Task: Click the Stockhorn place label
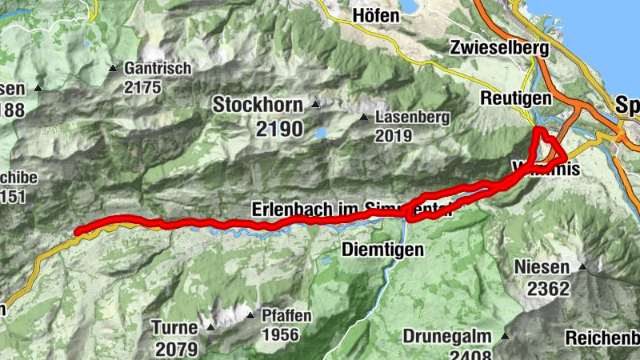tap(257, 105)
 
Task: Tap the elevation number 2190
tap(280, 128)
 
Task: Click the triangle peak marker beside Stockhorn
tap(315, 104)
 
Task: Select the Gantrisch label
tap(158, 69)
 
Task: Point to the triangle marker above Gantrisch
tap(114, 68)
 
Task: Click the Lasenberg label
tap(412, 117)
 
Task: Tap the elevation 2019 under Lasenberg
tap(393, 135)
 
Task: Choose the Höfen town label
tap(376, 15)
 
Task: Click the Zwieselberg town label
tap(499, 48)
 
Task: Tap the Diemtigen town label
tap(382, 250)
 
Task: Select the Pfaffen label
tap(286, 316)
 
